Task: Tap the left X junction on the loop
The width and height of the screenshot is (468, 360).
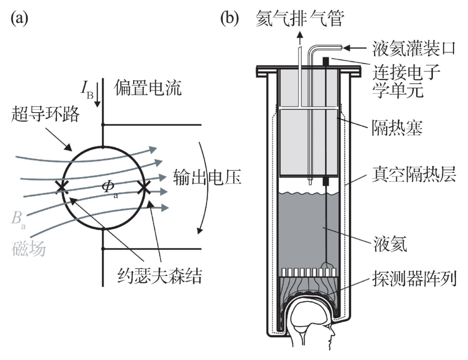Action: [x=62, y=187]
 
